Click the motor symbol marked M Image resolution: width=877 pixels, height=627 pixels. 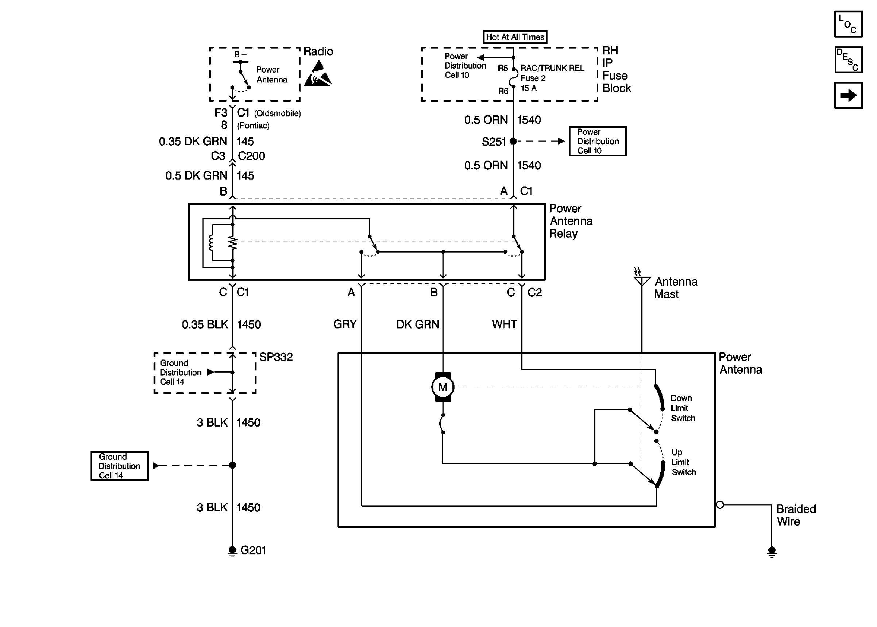[x=443, y=387]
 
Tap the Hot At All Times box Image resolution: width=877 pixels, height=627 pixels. [x=515, y=37]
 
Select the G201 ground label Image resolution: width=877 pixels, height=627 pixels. [x=253, y=550]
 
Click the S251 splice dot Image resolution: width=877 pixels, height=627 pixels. [x=513, y=141]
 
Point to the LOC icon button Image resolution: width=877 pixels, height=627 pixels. [x=848, y=24]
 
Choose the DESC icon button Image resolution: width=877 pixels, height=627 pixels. [x=848, y=60]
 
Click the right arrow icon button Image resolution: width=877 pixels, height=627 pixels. [x=848, y=95]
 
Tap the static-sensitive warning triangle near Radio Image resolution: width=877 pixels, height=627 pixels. [x=317, y=73]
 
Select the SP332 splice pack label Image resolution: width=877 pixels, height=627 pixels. [x=276, y=357]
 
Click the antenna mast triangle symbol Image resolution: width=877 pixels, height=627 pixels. [x=642, y=281]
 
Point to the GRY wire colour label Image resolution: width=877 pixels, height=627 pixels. [x=345, y=324]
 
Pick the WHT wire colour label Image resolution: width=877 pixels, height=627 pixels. [x=504, y=324]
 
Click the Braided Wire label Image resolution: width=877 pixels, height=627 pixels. [x=796, y=515]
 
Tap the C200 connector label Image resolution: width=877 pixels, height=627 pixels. [x=251, y=156]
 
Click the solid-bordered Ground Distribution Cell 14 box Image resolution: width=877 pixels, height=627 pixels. [x=120, y=466]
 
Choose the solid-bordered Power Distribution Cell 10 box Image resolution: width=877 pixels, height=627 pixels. [x=598, y=141]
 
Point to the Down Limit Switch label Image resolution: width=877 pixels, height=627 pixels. [x=683, y=408]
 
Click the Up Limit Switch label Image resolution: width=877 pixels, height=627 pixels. [x=683, y=462]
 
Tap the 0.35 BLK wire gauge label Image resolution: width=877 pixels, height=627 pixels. [x=205, y=324]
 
